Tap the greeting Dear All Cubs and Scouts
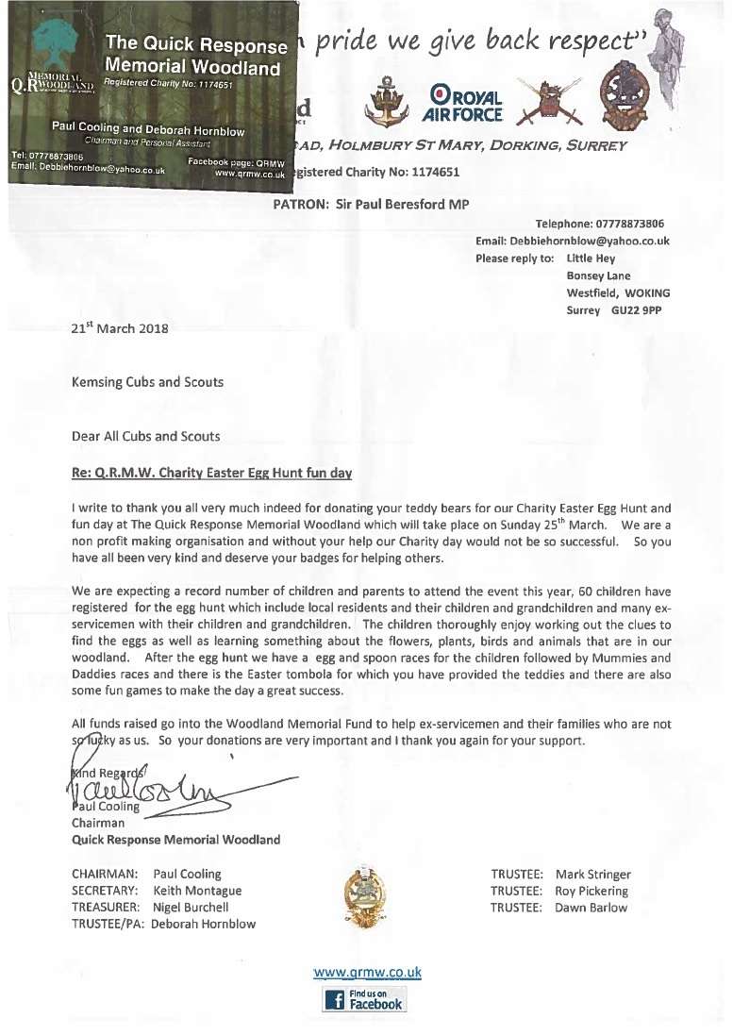tap(145, 436)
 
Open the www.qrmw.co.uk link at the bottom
tap(367, 972)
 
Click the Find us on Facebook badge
tap(365, 999)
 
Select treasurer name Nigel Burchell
tap(191, 907)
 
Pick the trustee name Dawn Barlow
tap(591, 907)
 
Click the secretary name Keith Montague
tap(197, 891)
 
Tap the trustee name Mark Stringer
tap(593, 875)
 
